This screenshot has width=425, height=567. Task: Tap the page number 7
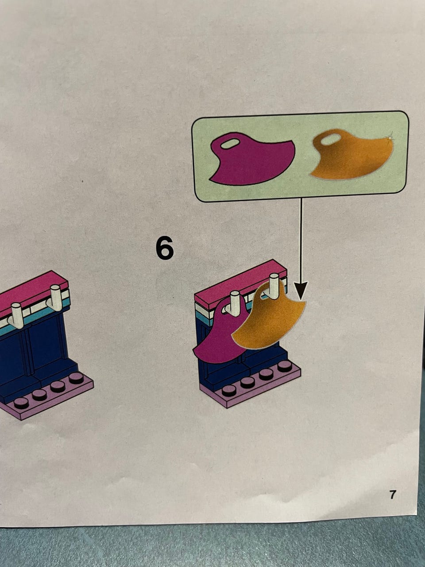pyautogui.click(x=392, y=495)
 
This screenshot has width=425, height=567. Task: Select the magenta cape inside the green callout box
pyautogui.click(x=251, y=159)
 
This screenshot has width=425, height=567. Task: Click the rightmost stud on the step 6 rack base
pyautogui.click(x=285, y=367)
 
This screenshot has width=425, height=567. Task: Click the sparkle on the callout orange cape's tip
pyautogui.click(x=390, y=136)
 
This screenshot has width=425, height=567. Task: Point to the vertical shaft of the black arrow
pyautogui.click(x=301, y=240)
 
